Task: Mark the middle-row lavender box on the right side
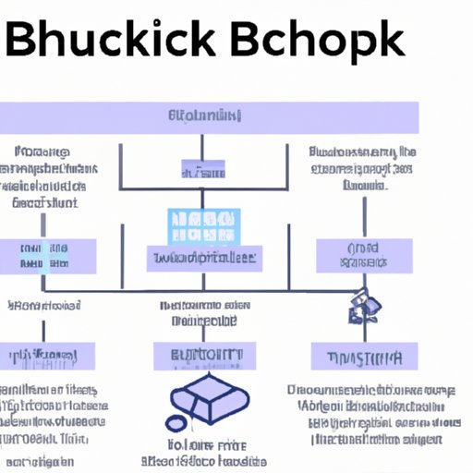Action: (362, 256)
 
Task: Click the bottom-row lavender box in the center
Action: (200, 357)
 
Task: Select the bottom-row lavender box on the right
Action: (362, 357)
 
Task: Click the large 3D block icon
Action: (211, 401)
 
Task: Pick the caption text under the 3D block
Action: (203, 451)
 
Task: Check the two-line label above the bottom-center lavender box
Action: (201, 313)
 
